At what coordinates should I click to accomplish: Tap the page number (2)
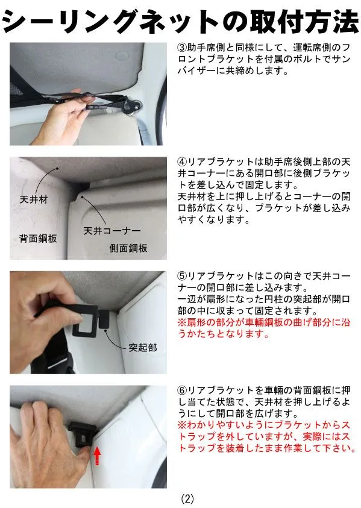(187, 498)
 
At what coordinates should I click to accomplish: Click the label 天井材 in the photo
(33, 199)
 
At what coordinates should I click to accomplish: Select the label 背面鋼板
(38, 239)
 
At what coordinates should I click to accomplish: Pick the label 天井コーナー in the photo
(112, 231)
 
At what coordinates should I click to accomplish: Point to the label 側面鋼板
(128, 248)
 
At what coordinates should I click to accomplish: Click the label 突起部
(143, 348)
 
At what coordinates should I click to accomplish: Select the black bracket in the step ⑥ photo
(82, 433)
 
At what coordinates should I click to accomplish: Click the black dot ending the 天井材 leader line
(57, 169)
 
